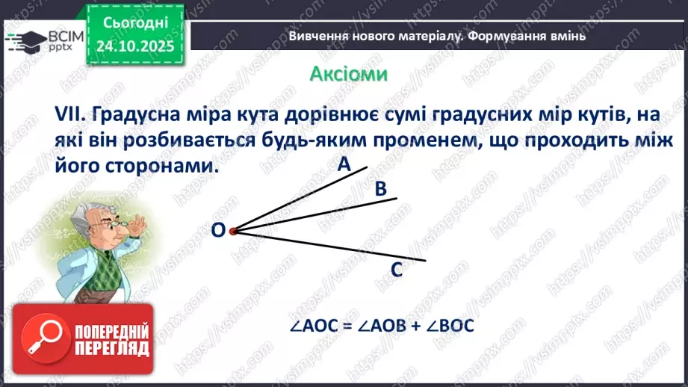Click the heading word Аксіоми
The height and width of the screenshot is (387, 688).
pos(349,75)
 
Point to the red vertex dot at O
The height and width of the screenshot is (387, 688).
pos(232,232)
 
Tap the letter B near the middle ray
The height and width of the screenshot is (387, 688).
pos(380,190)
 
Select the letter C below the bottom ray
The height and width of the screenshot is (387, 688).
pos(397,270)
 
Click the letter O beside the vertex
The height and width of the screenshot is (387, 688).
pos(217,232)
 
